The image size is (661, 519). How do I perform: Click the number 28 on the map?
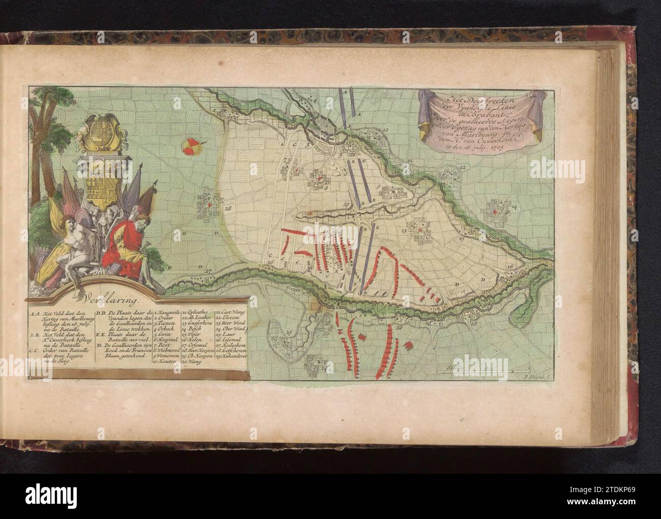tap(227, 208)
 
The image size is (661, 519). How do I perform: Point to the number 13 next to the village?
tap(404, 231)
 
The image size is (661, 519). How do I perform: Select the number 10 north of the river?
tap(386, 131)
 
